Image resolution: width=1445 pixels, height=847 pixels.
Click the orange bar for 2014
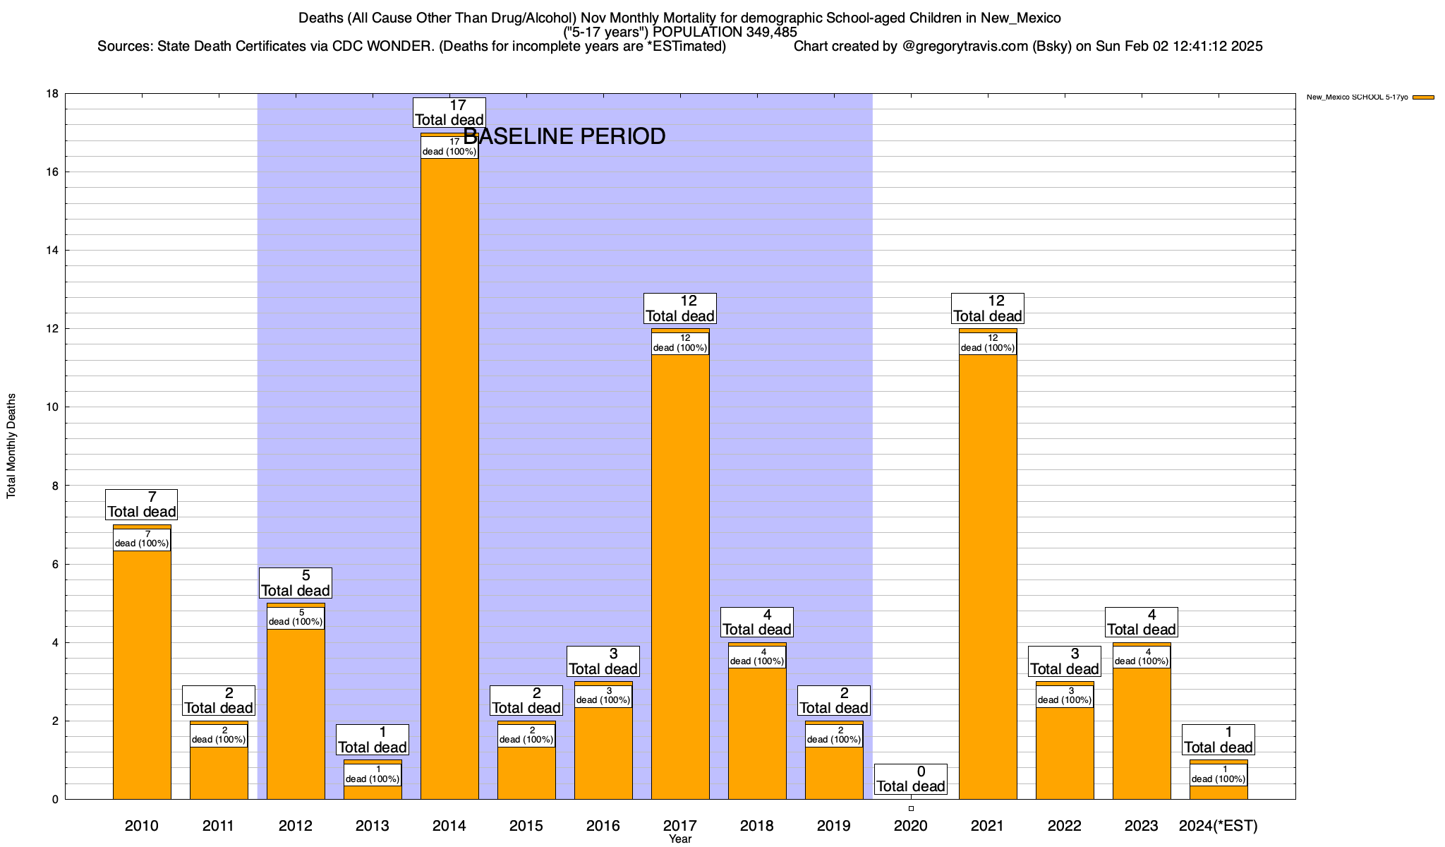click(449, 480)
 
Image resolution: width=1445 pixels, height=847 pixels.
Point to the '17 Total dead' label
click(449, 113)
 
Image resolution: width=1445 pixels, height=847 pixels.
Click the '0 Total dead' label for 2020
click(911, 779)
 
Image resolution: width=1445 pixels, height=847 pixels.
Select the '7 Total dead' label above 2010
click(142, 505)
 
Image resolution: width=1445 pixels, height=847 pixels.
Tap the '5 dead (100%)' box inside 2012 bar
click(296, 618)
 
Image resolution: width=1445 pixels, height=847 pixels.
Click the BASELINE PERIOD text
click(564, 136)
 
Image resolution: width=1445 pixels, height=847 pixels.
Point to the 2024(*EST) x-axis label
click(1219, 826)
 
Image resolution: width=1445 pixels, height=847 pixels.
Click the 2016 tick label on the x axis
click(603, 826)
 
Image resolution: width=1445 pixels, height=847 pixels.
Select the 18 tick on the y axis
click(52, 94)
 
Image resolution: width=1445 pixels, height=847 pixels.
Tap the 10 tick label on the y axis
click(52, 407)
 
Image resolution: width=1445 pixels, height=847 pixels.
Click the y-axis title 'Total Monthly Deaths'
click(11, 446)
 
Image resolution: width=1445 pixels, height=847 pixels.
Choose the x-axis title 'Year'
click(680, 839)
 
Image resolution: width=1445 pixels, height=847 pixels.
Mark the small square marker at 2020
click(911, 808)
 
